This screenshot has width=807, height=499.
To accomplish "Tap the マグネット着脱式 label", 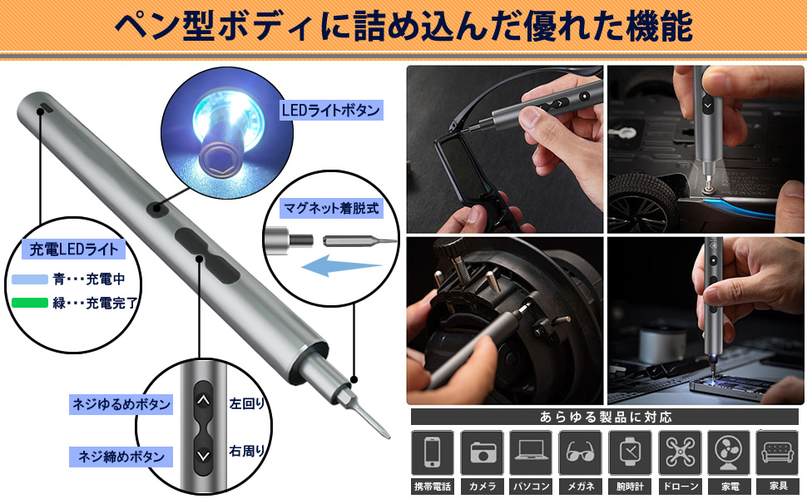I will point(330,209).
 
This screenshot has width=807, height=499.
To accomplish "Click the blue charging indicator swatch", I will point(30,279).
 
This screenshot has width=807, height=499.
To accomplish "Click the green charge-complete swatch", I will point(30,303).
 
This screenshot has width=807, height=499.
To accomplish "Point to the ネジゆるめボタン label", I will point(121,405).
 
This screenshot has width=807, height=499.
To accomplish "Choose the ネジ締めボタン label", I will point(121,457).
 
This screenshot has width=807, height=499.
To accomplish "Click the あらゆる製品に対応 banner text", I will point(605,417).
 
